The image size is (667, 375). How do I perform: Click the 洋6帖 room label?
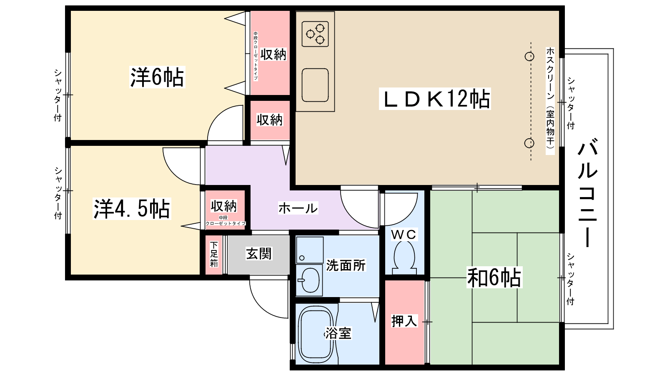coord(157,77)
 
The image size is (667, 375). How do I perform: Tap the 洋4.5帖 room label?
coord(132,209)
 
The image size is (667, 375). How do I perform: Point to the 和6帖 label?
coord(494,277)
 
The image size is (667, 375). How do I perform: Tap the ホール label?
coord(298,208)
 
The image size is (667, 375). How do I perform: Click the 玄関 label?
coord(259,254)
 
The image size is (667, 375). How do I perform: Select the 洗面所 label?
coord(346,265)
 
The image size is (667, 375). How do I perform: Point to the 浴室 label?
coord(338,333)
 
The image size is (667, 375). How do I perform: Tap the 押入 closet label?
coord(404,321)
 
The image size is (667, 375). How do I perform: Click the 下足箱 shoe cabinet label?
coord(214,254)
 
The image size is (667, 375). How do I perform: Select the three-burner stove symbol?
coord(315,34)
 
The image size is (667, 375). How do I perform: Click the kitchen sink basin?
coord(315,85)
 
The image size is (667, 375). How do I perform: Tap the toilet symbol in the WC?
coord(404,258)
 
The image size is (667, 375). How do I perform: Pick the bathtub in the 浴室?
coord(316,334)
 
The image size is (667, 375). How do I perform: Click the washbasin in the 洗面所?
coord(310,280)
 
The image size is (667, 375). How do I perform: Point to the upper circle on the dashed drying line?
coord(529,56)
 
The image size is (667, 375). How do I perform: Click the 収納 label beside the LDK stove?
coord(273,54)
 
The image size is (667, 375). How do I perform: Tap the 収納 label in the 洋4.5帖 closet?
coord(223,206)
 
